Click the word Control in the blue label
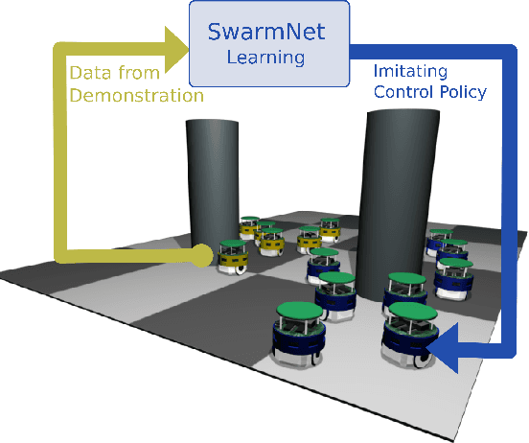402,93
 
